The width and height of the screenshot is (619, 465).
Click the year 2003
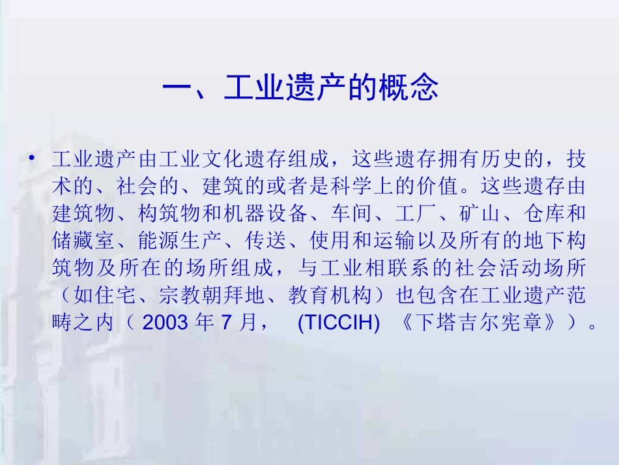click(162, 323)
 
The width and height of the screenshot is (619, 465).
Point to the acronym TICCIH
click(338, 323)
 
